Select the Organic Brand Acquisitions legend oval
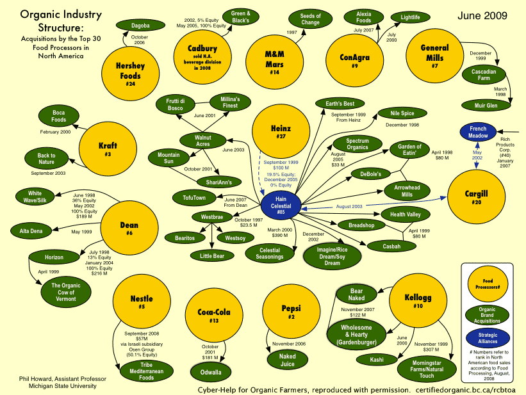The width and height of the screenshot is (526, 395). click(x=490, y=313)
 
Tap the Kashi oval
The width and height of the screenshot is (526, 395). click(x=377, y=360)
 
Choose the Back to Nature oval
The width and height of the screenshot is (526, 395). click(x=47, y=158)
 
